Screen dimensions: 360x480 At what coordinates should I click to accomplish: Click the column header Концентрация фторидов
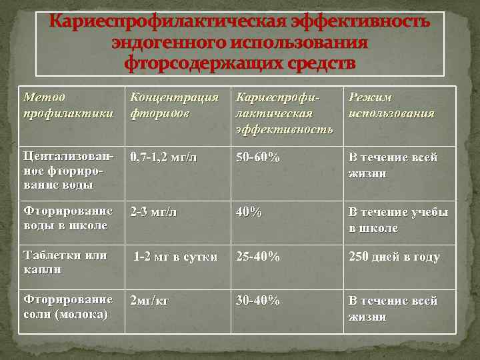pyautogui.click(x=174, y=105)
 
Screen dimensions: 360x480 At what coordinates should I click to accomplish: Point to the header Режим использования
pyautogui.click(x=391, y=105)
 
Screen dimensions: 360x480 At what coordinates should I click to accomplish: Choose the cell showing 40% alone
pyautogui.click(x=249, y=212)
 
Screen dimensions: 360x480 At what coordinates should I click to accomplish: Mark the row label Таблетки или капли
pyautogui.click(x=65, y=263)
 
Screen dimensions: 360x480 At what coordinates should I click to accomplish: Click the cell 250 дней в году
pyautogui.click(x=394, y=257)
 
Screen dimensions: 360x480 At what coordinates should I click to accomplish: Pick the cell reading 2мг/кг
pyautogui.click(x=150, y=301)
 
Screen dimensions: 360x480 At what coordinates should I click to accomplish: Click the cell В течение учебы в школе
pyautogui.click(x=398, y=219)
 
